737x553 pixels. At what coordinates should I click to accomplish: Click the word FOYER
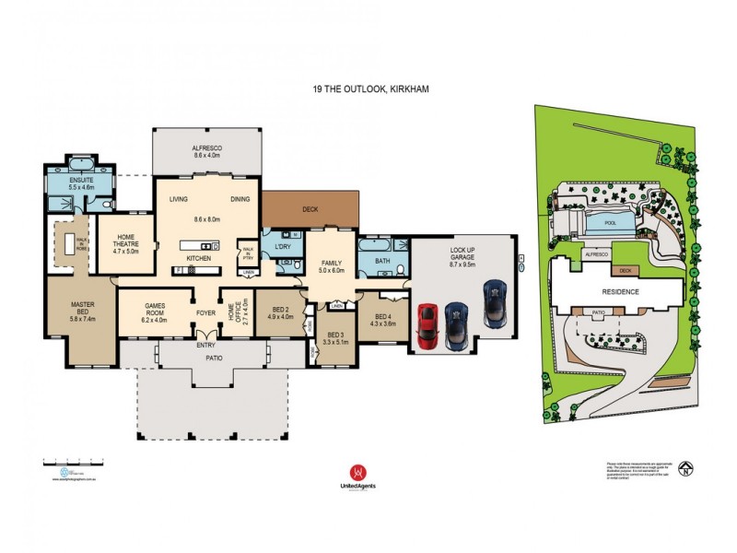point(205,312)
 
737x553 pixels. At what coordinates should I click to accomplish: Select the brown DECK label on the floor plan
point(310,209)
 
